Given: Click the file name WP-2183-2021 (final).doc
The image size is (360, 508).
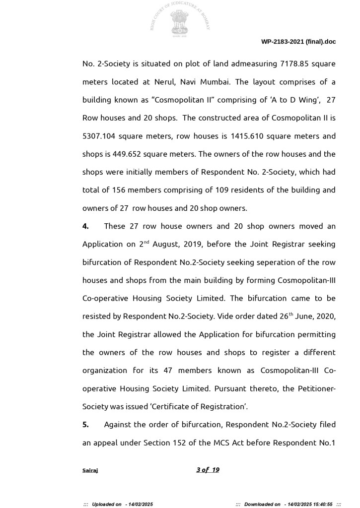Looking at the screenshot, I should [x=298, y=42].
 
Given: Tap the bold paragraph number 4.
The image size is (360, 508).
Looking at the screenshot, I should [x=85, y=226].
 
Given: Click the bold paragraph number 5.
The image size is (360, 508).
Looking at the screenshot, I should [x=85, y=425].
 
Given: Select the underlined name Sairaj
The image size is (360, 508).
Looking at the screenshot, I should [x=90, y=470].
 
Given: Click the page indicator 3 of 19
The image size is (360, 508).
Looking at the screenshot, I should [x=208, y=470].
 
